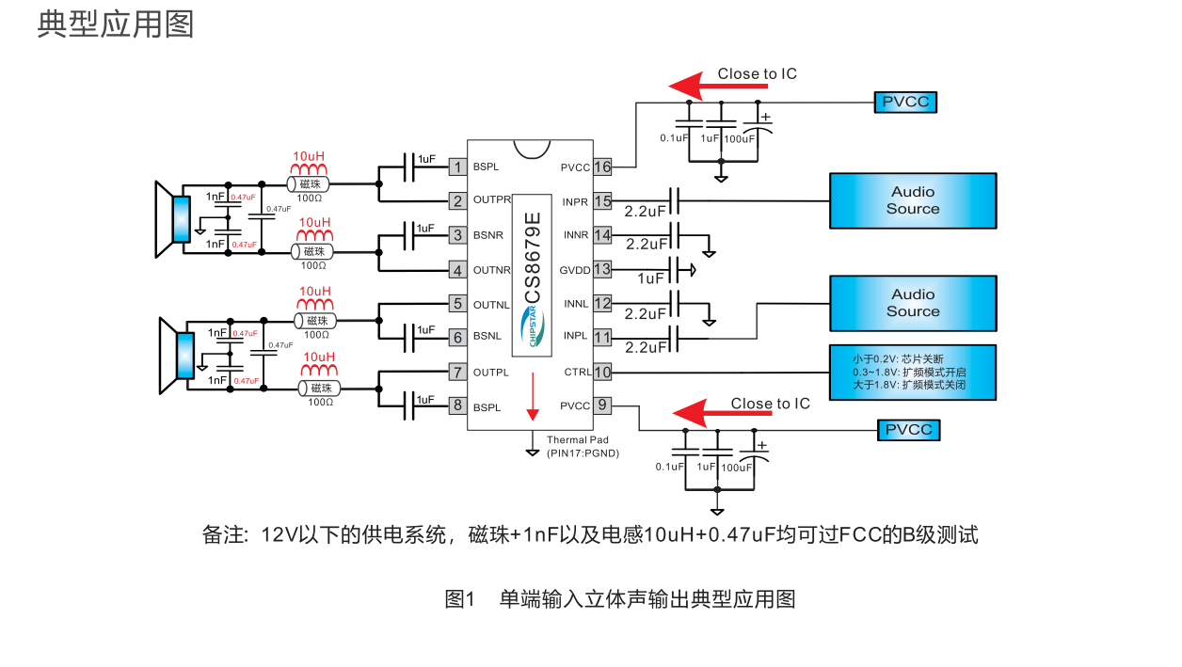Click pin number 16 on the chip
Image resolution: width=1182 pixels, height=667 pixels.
[602, 167]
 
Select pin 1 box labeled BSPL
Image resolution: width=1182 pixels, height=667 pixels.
[458, 167]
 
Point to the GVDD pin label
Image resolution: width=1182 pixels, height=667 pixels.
[575, 269]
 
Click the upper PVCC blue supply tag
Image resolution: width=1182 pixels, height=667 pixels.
[905, 102]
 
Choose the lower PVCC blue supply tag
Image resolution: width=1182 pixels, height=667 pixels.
[909, 430]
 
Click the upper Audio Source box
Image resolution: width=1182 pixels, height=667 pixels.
[912, 200]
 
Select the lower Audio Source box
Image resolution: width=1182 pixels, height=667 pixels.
[912, 303]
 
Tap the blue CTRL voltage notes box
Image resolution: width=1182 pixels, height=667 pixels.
[912, 373]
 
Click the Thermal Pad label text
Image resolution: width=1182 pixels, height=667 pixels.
[578, 440]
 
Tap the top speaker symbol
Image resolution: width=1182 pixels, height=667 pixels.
[173, 219]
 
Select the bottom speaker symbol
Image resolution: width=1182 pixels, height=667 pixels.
[175, 356]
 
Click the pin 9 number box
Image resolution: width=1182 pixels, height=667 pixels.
[602, 406]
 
